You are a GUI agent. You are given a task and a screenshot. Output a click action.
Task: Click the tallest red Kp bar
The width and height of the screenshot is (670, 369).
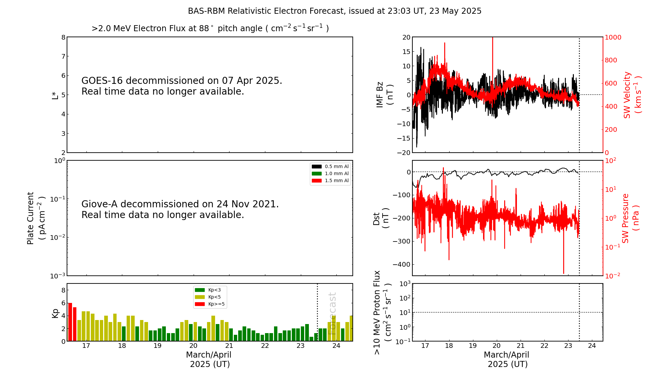tap(70, 322)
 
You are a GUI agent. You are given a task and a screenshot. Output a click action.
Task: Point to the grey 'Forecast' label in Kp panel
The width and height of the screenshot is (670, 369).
tap(332, 313)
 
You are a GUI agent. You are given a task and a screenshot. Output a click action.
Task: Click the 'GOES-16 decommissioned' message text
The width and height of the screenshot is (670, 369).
tap(182, 86)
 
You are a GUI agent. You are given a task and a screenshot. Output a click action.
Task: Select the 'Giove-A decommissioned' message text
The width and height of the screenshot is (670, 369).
tap(180, 209)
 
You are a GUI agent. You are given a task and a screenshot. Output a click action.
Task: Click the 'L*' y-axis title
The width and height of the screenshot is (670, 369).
tap(55, 95)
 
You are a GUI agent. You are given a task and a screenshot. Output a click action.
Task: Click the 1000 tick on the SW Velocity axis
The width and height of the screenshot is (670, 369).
tap(613, 37)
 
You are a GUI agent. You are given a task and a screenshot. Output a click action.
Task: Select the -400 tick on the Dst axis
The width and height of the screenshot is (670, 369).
tap(402, 264)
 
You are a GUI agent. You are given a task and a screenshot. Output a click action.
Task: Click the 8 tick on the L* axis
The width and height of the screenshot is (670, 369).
tap(63, 37)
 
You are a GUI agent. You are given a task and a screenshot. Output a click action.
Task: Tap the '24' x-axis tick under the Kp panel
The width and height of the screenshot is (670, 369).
tap(336, 346)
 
